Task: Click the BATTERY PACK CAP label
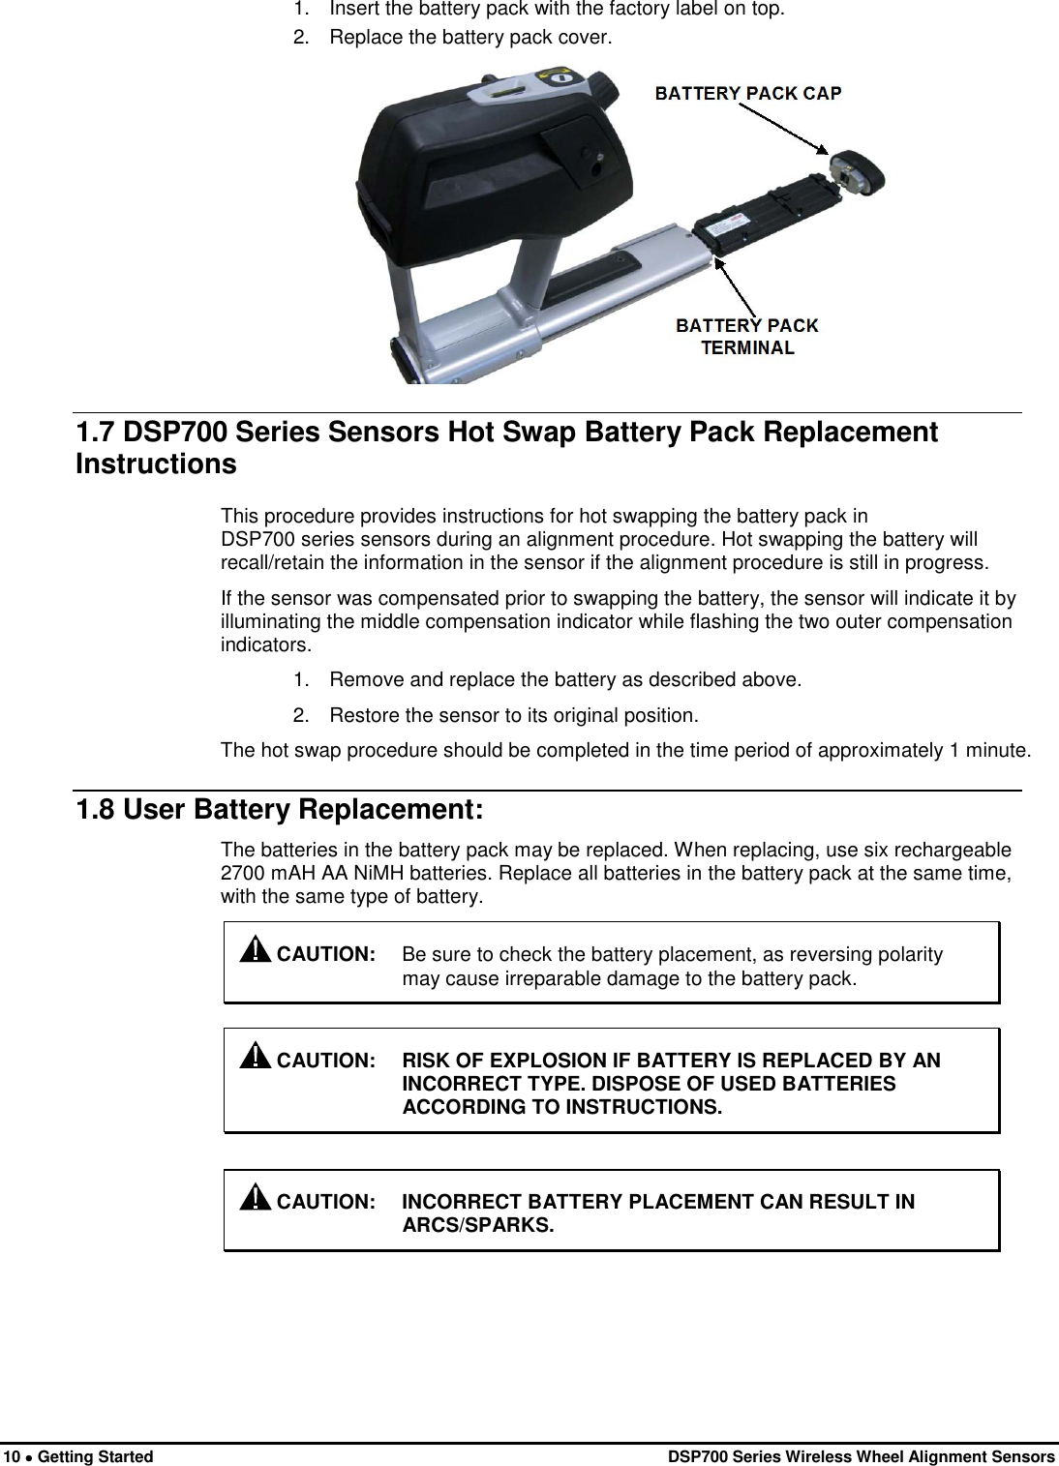point(748,93)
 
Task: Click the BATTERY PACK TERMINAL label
point(747,337)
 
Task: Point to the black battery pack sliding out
point(765,214)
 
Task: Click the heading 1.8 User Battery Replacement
point(279,808)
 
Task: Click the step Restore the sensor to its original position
point(512,716)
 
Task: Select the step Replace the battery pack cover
point(470,39)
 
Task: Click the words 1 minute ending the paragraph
point(989,750)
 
